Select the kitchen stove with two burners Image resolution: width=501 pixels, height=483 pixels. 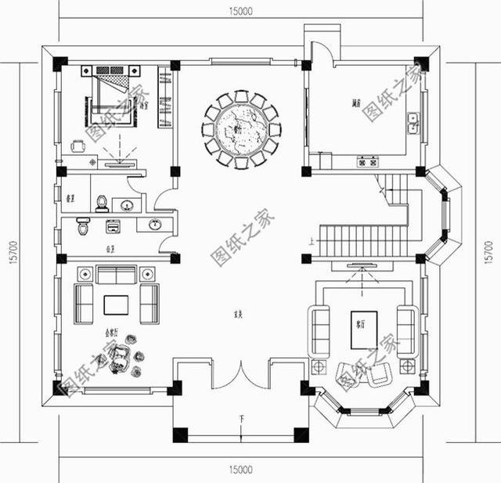point(368,163)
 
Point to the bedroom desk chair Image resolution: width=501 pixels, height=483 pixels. point(77,145)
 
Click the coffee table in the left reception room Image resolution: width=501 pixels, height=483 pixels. point(116,303)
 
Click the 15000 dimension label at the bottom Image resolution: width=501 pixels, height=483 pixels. point(241,470)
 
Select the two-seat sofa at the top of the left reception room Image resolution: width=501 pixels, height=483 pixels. point(116,275)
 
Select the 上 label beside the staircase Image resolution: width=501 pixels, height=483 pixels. point(313,242)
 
